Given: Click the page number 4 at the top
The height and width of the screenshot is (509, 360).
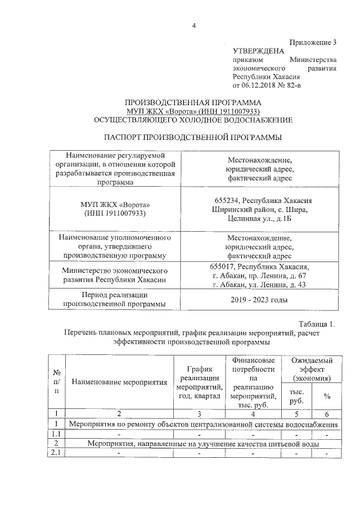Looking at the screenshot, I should [193, 25].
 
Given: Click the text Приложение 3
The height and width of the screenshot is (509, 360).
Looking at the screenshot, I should [313, 42].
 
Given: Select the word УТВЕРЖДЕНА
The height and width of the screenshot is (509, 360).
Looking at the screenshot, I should [256, 51].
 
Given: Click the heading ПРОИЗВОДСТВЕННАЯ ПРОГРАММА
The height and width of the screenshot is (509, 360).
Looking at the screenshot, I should [193, 103].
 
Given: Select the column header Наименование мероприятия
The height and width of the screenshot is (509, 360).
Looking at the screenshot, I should [120, 382].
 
